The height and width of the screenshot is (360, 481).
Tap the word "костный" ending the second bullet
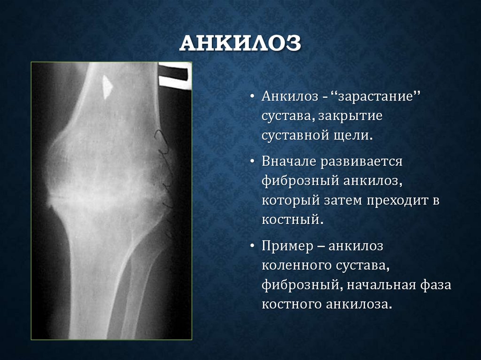292,220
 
